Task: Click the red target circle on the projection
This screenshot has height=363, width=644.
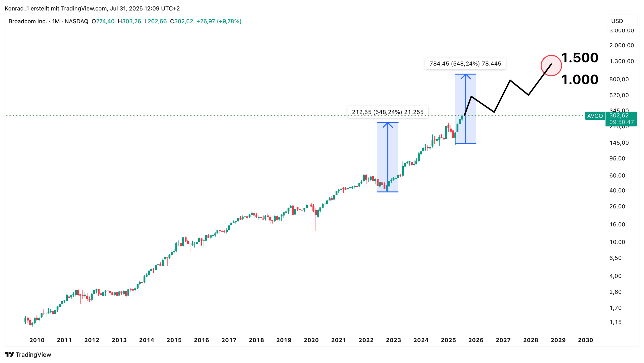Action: click(551, 65)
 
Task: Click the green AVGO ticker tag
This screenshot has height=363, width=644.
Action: click(595, 116)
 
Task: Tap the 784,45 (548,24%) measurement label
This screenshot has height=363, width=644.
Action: click(465, 64)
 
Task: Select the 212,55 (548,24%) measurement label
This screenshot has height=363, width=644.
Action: click(387, 112)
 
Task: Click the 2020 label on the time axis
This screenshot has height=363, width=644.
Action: click(311, 340)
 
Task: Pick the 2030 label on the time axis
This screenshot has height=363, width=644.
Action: click(585, 340)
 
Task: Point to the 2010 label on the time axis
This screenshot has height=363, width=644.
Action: click(37, 340)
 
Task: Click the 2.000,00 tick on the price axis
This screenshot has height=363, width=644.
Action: click(621, 45)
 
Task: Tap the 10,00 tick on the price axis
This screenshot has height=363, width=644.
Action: click(617, 242)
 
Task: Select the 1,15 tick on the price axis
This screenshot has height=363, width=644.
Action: click(615, 322)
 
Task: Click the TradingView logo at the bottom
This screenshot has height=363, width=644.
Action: click(28, 354)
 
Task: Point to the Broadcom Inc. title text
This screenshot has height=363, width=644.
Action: click(28, 21)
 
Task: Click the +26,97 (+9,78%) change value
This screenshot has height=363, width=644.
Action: click(219, 21)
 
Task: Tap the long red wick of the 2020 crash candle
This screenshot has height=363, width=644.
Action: click(316, 224)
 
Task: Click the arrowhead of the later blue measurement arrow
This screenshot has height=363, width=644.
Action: click(466, 75)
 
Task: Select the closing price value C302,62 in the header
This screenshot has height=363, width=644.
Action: click(181, 21)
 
